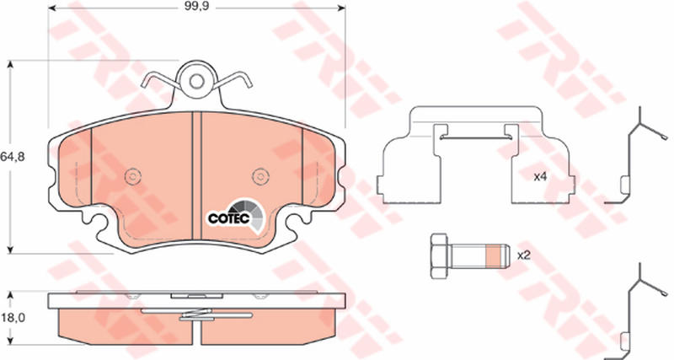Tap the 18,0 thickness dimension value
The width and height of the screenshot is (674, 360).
point(13,318)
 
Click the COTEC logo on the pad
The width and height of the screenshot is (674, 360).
point(235,216)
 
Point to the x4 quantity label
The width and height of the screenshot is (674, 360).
point(540,177)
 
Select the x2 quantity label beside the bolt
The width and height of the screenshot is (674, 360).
point(524,256)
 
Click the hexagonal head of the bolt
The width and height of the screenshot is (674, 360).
point(439,256)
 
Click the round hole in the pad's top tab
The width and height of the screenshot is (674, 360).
point(196,81)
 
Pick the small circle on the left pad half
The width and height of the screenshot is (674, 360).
point(133,176)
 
